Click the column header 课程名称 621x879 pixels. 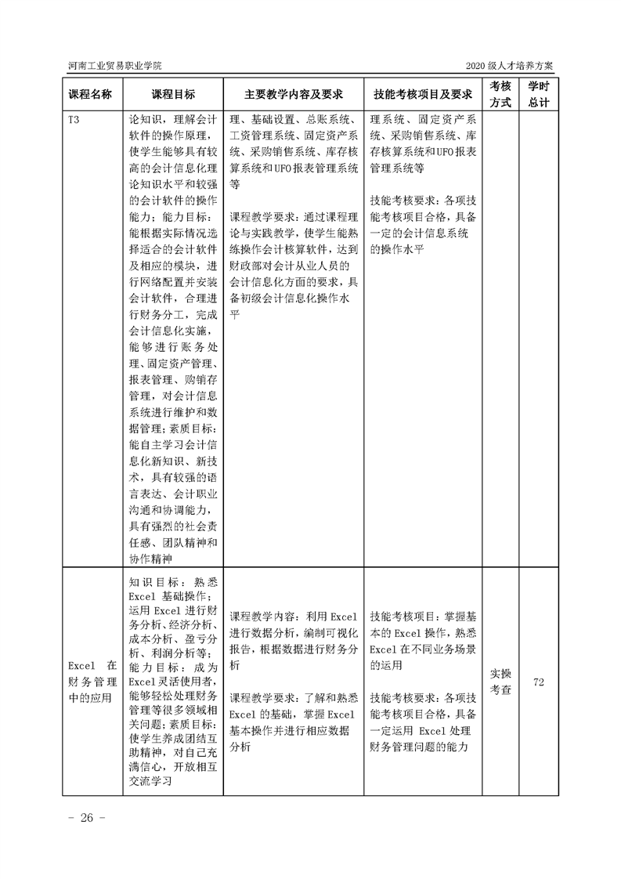coord(91,94)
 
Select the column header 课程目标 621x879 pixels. coord(173,94)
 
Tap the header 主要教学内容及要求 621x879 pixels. coord(294,94)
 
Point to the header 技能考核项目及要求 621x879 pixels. coord(423,94)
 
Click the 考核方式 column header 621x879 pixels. coord(500,94)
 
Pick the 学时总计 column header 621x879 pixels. coord(538,94)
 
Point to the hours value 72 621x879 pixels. coord(538,682)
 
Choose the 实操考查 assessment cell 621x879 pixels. coord(500,682)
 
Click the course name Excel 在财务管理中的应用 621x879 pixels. coord(91,682)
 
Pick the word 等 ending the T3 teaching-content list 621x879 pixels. coord(234,185)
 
